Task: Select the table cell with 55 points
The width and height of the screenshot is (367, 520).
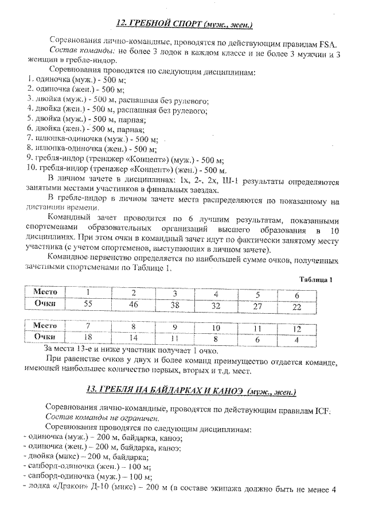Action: point(88,304)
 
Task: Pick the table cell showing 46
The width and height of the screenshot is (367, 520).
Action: point(133,304)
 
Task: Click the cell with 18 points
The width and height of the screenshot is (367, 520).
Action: point(88,337)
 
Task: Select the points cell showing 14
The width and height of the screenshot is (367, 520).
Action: point(133,337)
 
